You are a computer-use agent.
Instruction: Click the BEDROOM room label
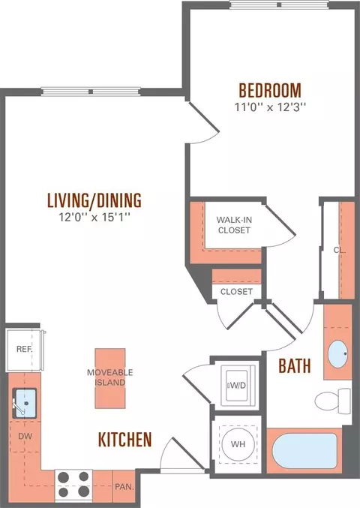coord(270,90)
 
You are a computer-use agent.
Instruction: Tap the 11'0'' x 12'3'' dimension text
coord(270,107)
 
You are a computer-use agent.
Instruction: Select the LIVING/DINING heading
coord(94,200)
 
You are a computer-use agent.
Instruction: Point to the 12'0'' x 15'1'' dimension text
coord(94,217)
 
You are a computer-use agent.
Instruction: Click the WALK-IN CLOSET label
coord(234,225)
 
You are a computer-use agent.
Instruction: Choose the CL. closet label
coord(340,250)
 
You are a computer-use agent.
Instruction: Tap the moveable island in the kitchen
coord(110,378)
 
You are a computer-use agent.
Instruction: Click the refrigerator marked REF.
coord(24,350)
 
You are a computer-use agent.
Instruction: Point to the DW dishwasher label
coord(25,436)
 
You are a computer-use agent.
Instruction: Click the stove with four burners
coord(73,485)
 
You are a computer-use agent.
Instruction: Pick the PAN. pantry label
coord(124,487)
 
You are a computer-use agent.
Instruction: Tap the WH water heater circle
coord(238,444)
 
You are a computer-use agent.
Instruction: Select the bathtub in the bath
coord(304,451)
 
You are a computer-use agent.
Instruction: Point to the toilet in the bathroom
coord(332,401)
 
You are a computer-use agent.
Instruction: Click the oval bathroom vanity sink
coord(338,353)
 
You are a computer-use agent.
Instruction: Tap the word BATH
coord(295,366)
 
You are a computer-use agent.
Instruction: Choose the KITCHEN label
coord(125,439)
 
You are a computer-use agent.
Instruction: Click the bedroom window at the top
coord(279,5)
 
